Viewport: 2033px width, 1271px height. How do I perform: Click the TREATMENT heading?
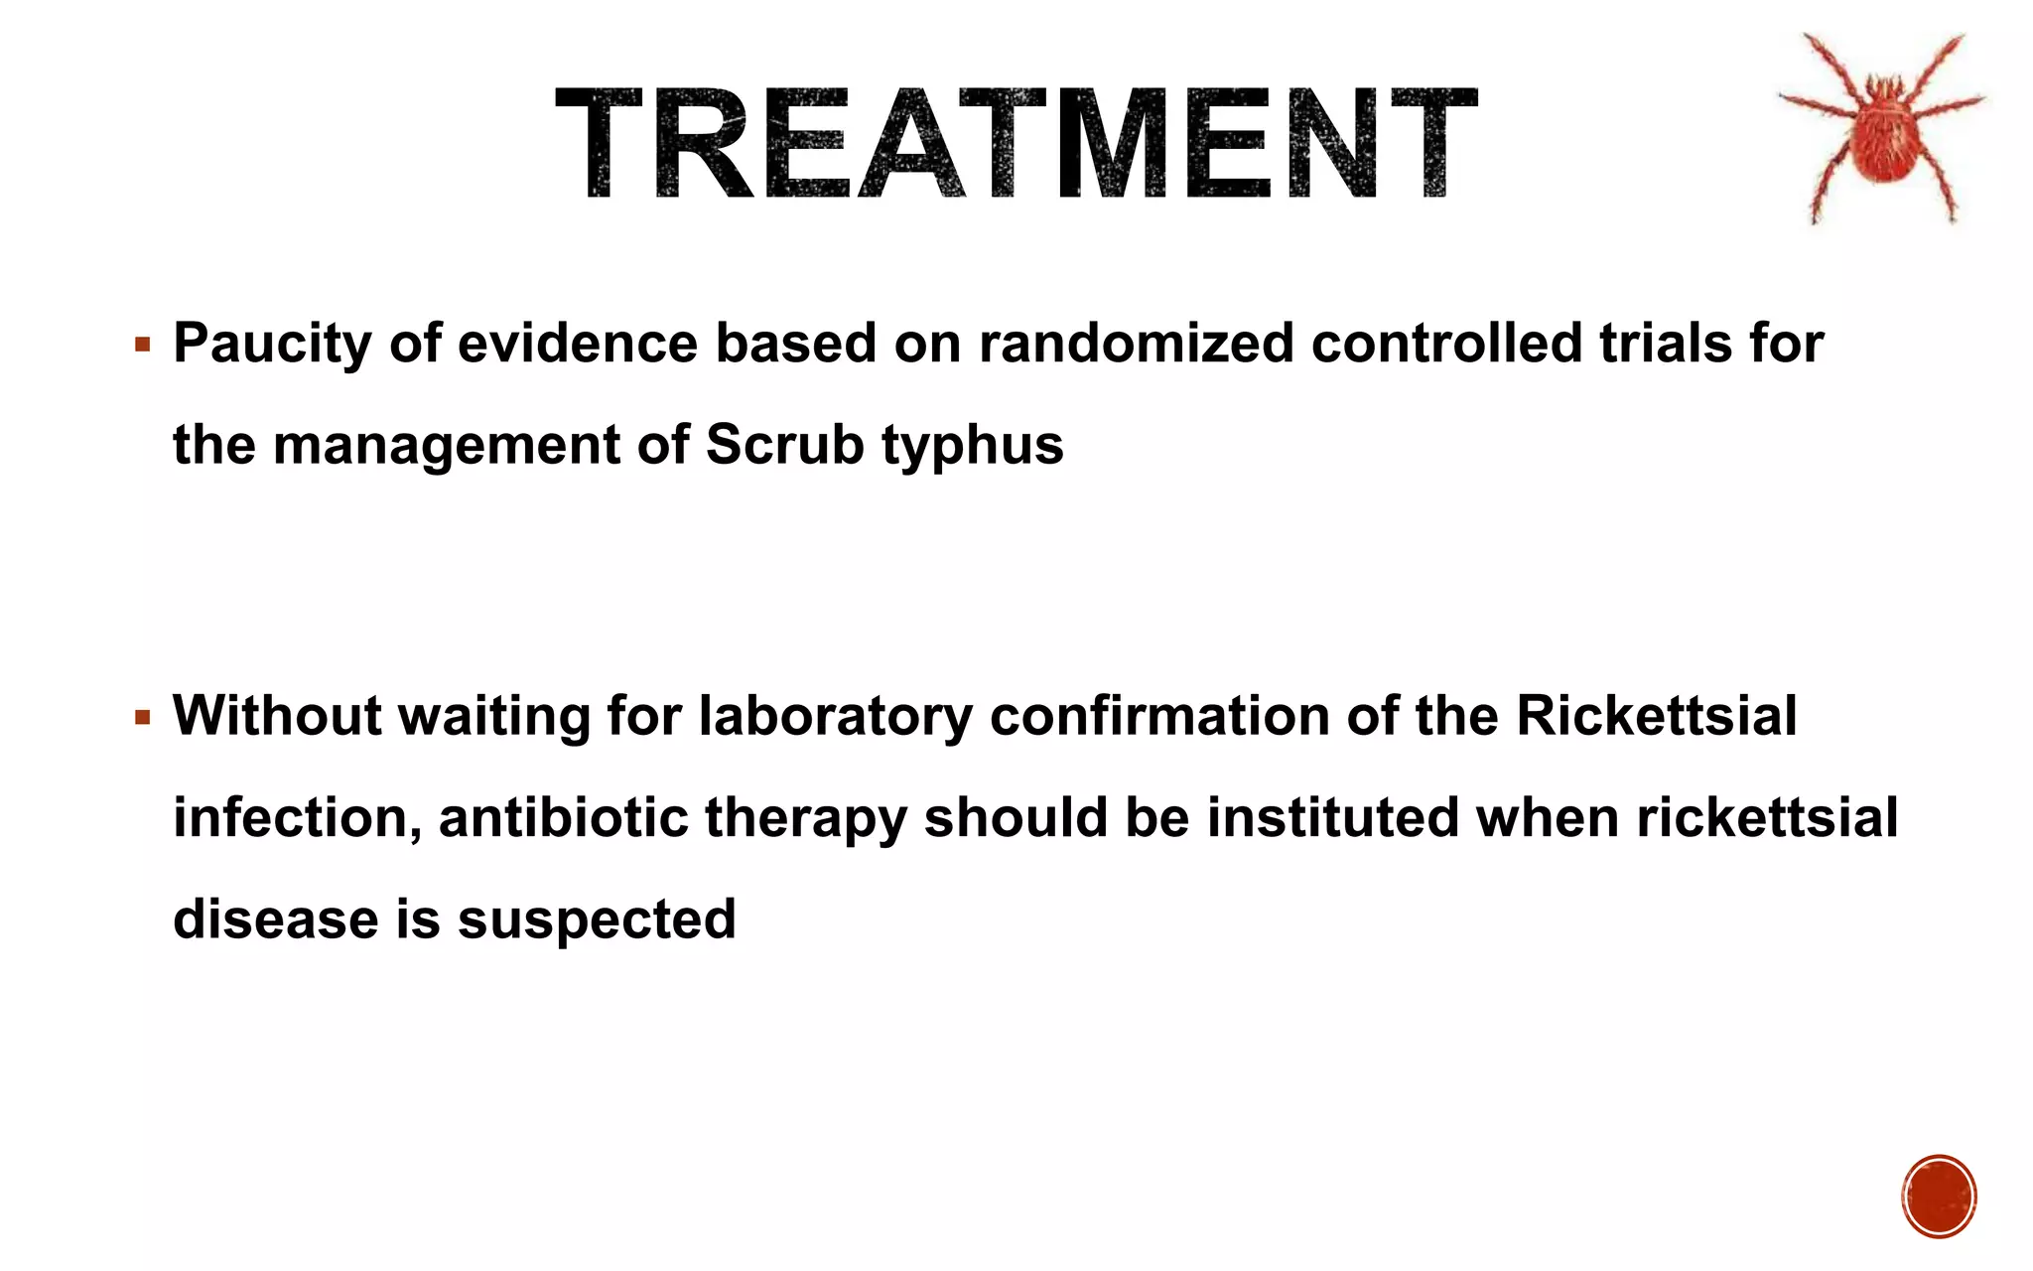(1016, 144)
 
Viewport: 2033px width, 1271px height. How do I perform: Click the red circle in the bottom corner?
(1939, 1196)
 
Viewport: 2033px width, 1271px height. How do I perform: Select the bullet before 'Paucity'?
(143, 346)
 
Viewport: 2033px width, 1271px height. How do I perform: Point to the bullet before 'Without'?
(143, 717)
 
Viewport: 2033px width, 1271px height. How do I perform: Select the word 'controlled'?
(1446, 343)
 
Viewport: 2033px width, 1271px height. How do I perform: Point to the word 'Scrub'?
(784, 444)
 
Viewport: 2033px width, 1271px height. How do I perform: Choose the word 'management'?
(446, 446)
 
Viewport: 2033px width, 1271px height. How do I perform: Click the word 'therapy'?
(805, 819)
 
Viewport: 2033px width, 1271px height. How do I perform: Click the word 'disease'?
(276, 918)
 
